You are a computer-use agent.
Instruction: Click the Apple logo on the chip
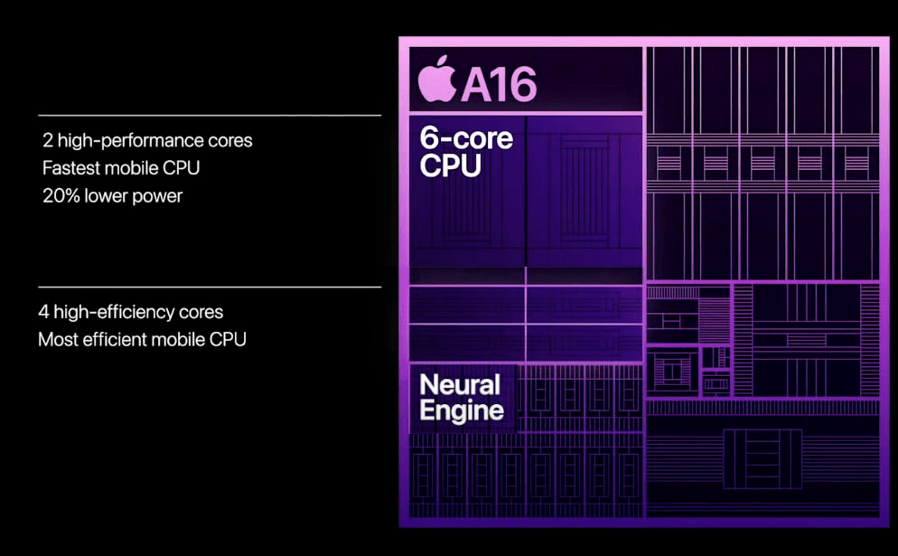point(437,79)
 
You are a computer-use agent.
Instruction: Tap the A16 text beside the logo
point(499,85)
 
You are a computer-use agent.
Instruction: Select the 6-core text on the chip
point(466,138)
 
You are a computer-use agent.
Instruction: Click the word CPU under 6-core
point(450,165)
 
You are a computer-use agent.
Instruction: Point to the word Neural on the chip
point(460,384)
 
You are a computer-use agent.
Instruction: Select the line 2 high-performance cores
point(147,140)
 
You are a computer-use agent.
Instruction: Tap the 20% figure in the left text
point(61,196)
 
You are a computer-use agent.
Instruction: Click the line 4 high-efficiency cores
point(131,312)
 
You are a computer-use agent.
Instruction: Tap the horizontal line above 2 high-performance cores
point(210,115)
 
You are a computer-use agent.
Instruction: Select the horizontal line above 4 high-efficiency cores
point(210,287)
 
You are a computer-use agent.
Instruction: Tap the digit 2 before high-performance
point(48,140)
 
